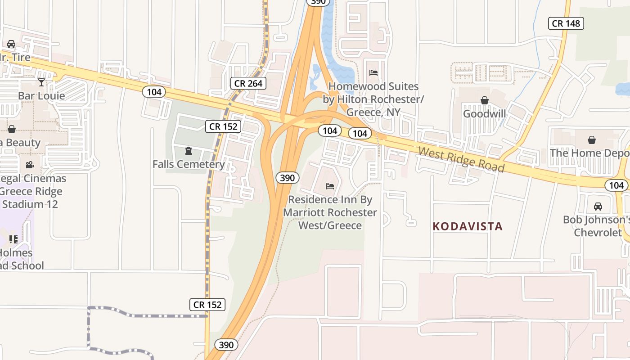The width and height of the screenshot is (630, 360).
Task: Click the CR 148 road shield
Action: coord(566,23)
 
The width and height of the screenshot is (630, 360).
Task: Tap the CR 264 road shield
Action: coord(248,83)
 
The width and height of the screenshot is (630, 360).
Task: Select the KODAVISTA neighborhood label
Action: coord(468,226)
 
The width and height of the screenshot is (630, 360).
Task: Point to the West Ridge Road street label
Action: coord(461,159)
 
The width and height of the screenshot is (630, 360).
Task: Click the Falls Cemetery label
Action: coord(188,164)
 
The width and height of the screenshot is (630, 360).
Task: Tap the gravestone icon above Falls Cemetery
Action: coord(189,150)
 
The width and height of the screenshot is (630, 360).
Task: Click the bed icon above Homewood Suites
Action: coord(373,72)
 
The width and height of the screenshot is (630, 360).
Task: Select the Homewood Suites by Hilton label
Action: coord(373,99)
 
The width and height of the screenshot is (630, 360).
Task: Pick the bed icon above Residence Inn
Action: coord(330,186)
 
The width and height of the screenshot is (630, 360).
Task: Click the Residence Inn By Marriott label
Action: coord(330,212)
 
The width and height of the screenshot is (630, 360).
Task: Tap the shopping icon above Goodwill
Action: coord(485,100)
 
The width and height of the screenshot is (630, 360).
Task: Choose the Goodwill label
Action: coord(485,114)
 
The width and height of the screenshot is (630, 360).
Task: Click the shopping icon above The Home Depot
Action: coord(592,140)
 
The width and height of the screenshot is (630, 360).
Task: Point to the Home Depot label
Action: coord(590,153)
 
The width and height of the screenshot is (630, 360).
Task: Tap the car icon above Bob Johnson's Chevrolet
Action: coord(598,207)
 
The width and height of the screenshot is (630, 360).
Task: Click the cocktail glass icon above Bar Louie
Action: coord(41,82)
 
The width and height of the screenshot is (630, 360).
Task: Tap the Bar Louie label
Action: coord(41,96)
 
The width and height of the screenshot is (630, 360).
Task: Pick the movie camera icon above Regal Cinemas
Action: coord(30,165)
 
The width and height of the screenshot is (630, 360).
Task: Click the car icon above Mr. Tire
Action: coord(11,44)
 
